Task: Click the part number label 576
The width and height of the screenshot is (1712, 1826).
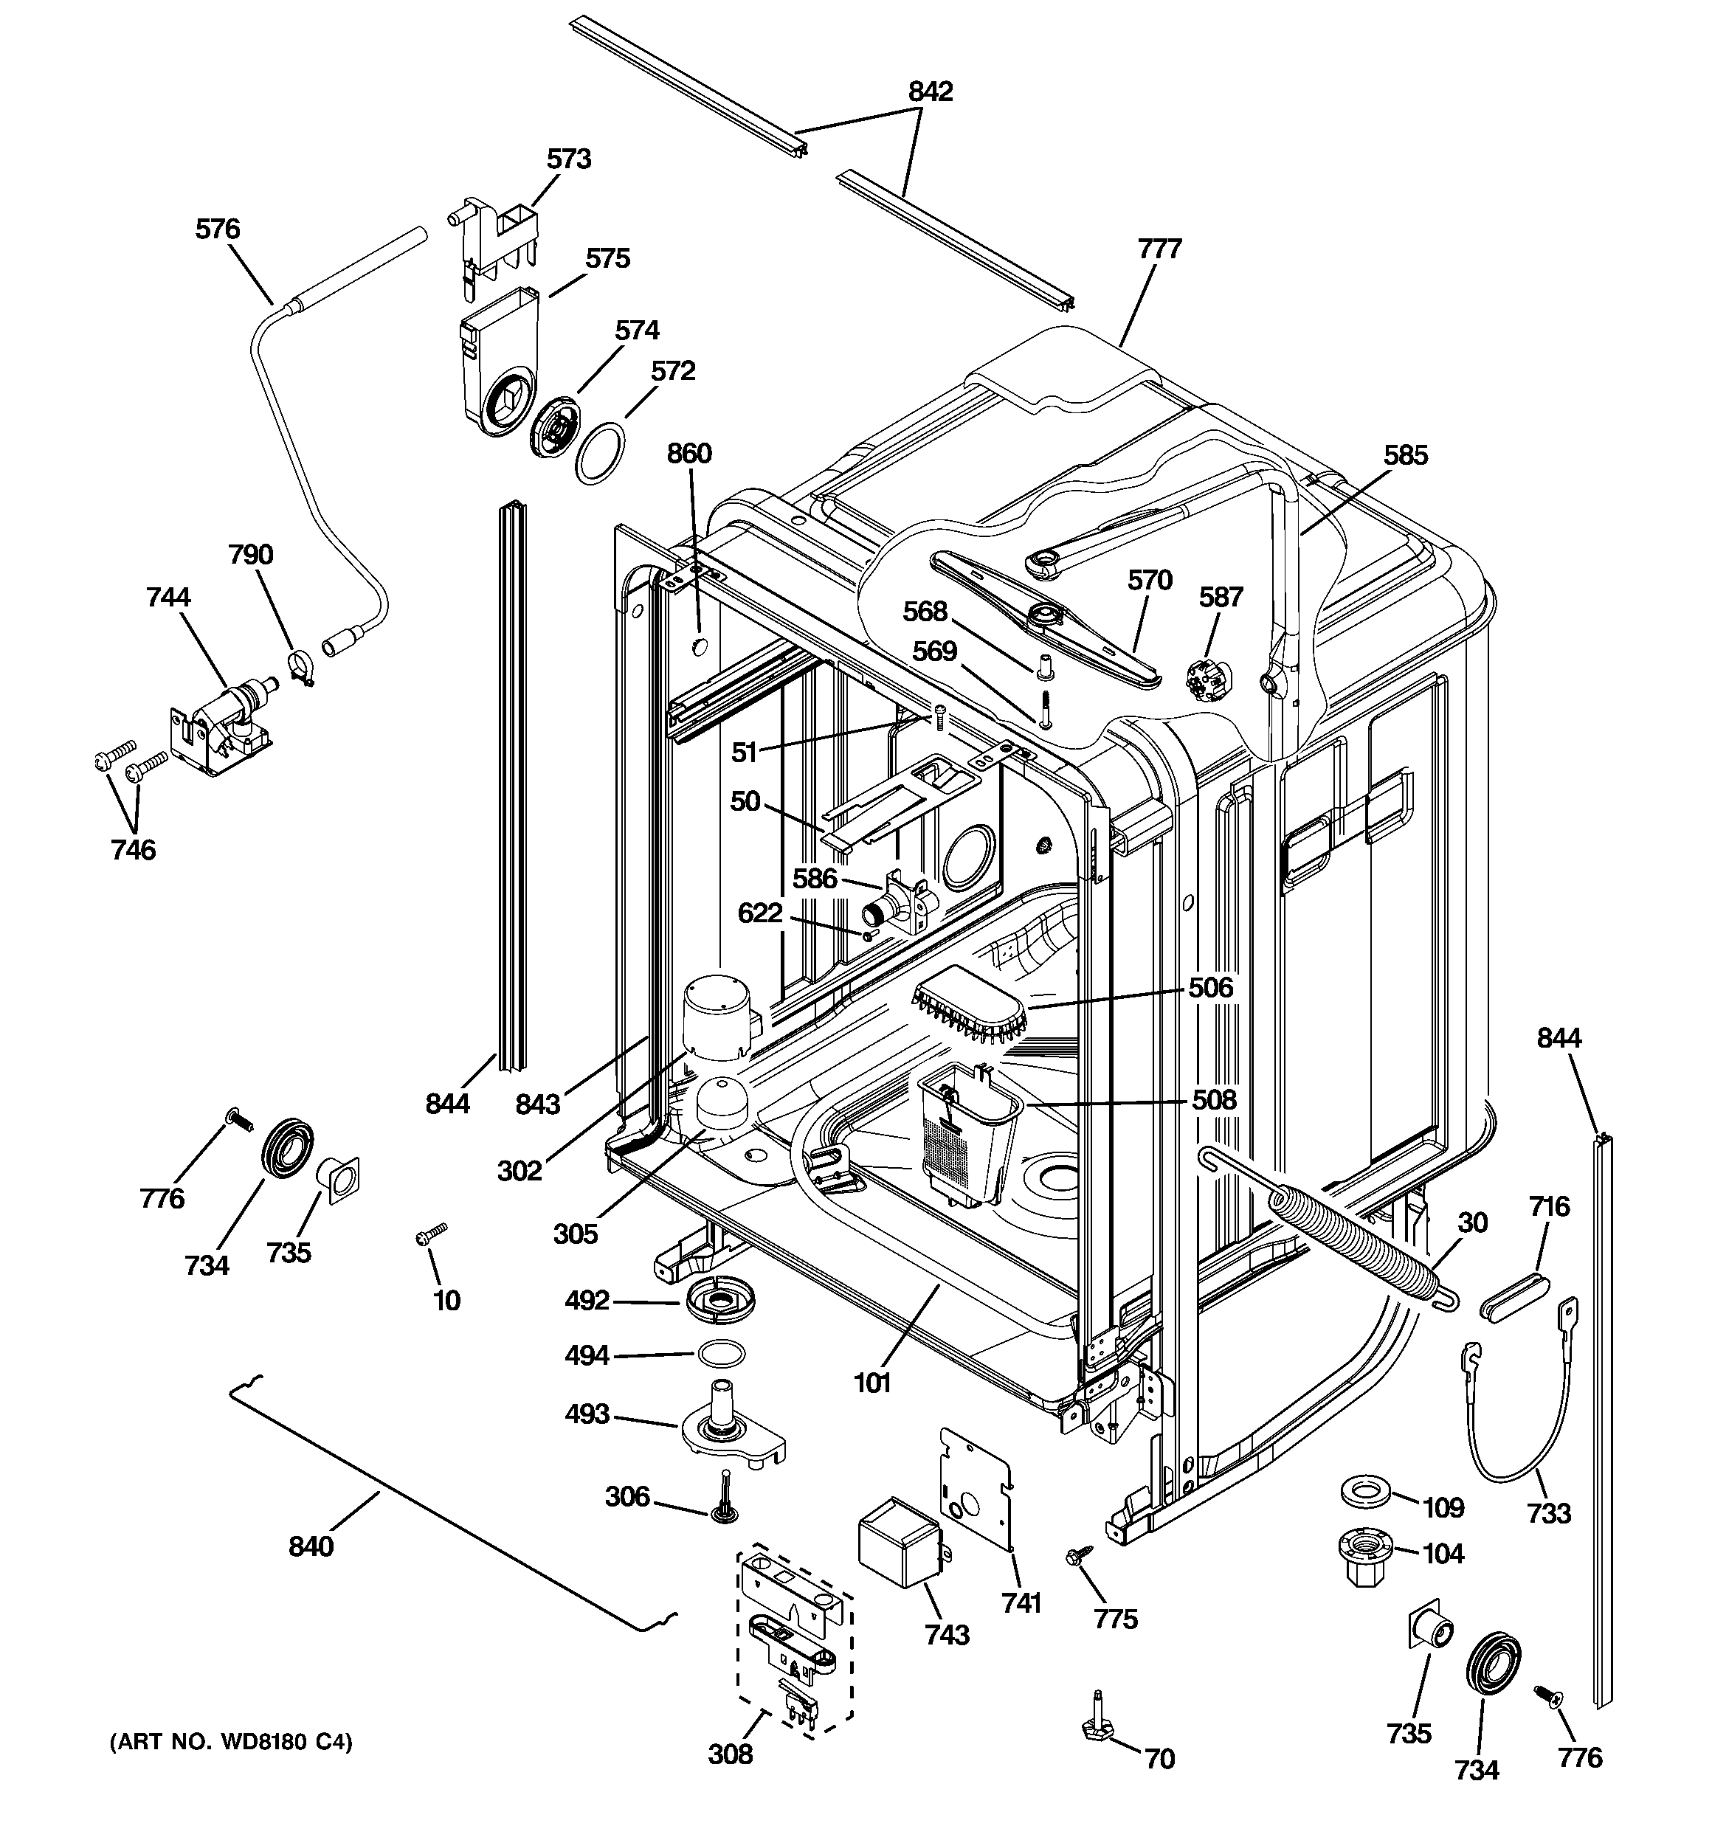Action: click(x=217, y=229)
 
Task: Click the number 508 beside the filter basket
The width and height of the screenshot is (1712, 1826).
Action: click(x=1214, y=1099)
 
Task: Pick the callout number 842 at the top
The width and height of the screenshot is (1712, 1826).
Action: click(x=930, y=91)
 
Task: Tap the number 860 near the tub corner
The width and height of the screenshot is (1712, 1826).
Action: click(x=689, y=453)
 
